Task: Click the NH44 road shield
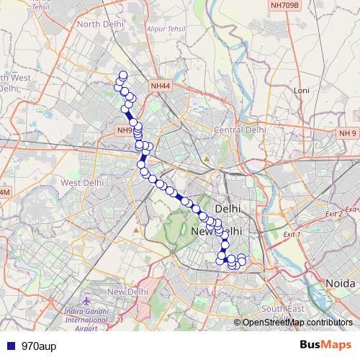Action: [161, 86]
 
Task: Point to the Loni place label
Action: [301, 91]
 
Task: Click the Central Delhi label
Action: [240, 130]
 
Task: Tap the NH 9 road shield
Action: [348, 133]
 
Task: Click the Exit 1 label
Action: [291, 235]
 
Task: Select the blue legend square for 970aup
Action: [9, 346]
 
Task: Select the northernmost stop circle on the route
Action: [123, 76]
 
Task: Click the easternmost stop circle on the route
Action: [242, 258]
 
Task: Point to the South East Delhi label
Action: [283, 309]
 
